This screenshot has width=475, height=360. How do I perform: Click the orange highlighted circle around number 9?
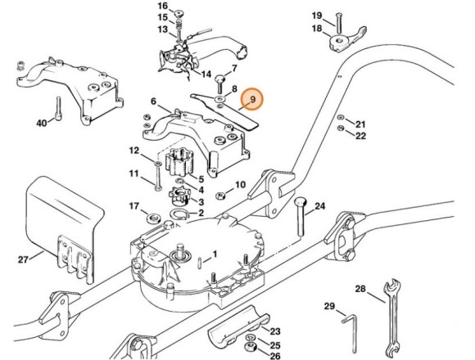[253, 100]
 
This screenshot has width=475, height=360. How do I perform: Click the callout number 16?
[162, 6]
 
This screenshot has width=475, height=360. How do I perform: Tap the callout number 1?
[215, 254]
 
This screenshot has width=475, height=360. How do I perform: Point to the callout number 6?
[154, 101]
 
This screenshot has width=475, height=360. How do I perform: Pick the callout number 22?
[360, 136]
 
